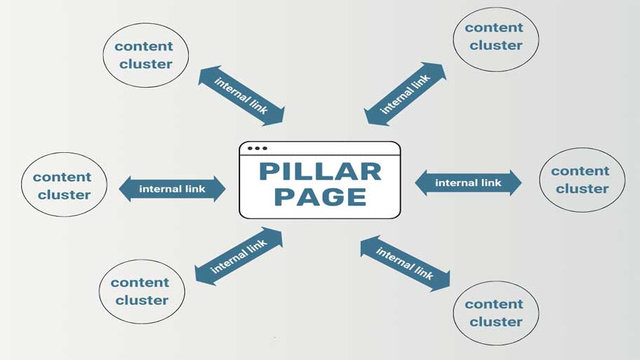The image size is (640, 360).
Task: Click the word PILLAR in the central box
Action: [320, 171]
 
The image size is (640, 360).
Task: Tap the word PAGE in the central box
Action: [320, 196]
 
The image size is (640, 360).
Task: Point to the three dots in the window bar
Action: [257, 149]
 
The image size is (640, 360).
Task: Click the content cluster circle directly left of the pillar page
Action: [64, 185]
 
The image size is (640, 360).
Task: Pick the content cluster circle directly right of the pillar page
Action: [581, 180]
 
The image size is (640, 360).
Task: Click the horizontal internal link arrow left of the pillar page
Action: [172, 189]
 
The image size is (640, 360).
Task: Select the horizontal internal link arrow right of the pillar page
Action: [468, 183]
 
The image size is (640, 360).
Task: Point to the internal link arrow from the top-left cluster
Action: [241, 96]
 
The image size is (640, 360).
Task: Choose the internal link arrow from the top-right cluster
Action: [405, 95]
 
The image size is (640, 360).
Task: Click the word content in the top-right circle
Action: [494, 28]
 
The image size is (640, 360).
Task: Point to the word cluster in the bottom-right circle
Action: [495, 322]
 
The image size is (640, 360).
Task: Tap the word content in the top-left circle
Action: [144, 46]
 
